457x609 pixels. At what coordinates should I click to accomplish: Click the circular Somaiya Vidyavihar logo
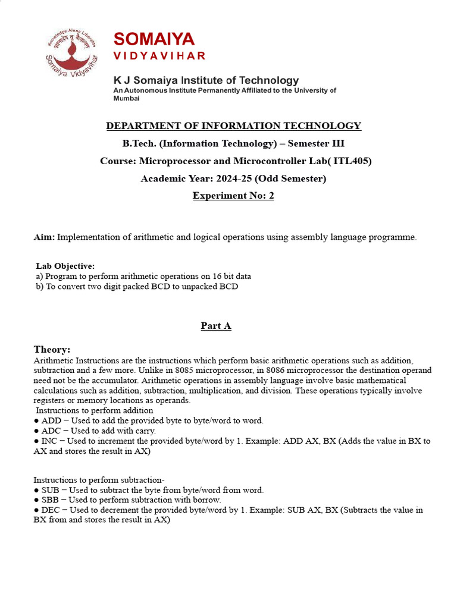(x=71, y=58)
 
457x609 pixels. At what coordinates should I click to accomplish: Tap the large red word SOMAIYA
(x=154, y=39)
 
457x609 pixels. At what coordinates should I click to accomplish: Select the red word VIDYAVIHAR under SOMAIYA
(x=159, y=56)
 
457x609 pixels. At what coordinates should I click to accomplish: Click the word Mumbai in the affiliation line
(x=127, y=99)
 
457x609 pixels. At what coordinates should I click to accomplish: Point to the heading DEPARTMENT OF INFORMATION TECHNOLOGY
(x=233, y=125)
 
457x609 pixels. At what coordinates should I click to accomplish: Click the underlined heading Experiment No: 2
(x=233, y=196)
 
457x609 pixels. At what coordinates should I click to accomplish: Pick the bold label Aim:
(x=44, y=237)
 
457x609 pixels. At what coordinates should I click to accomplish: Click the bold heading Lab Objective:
(x=65, y=266)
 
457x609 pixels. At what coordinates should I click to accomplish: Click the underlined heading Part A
(x=215, y=325)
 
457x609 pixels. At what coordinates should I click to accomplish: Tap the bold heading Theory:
(x=52, y=350)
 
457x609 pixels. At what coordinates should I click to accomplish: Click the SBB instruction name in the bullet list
(x=51, y=500)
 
